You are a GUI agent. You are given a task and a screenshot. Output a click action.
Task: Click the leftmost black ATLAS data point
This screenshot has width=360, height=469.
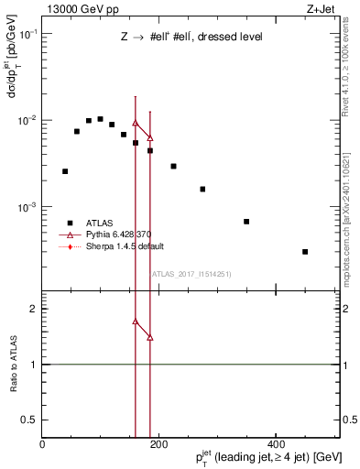(x=65, y=171)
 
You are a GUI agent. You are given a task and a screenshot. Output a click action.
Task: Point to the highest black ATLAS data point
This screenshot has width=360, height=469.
(x=100, y=119)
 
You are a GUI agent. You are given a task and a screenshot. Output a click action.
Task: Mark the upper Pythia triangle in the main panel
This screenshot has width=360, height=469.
(x=136, y=123)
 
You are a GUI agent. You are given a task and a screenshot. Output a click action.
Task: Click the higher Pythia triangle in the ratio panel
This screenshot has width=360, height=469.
(x=136, y=322)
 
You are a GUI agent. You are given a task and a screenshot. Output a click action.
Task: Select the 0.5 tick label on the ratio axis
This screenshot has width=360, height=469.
(x=30, y=420)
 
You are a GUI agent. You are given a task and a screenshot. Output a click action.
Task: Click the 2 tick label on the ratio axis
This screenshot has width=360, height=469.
(x=33, y=309)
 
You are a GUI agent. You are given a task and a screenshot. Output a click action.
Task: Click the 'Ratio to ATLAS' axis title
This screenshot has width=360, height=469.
(x=13, y=365)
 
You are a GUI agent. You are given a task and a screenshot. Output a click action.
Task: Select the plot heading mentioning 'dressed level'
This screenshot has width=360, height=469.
(x=191, y=38)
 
